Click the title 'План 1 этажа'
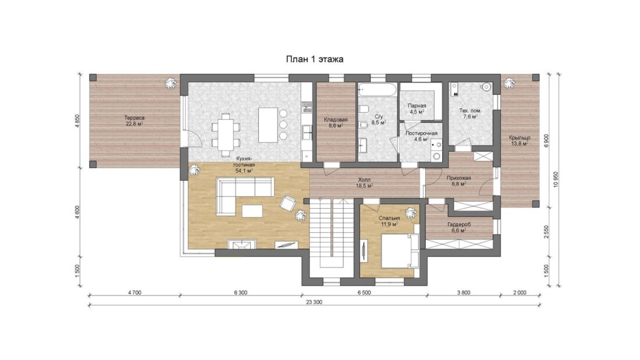pos(314,59)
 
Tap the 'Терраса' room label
pos(135,118)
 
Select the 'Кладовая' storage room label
pos(336,120)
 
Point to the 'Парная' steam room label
pos(417,106)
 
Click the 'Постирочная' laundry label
pos(421,133)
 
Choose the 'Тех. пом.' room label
pos(470,111)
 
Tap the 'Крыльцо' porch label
pos(520,138)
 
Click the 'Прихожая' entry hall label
pos(459,178)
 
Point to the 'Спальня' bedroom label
pos(389,218)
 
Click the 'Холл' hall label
pos(364,180)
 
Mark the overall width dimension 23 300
pos(314,302)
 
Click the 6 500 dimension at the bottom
pos(364,292)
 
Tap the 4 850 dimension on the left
pos(78,121)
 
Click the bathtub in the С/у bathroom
pos(377,90)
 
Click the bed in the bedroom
pos(401,251)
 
